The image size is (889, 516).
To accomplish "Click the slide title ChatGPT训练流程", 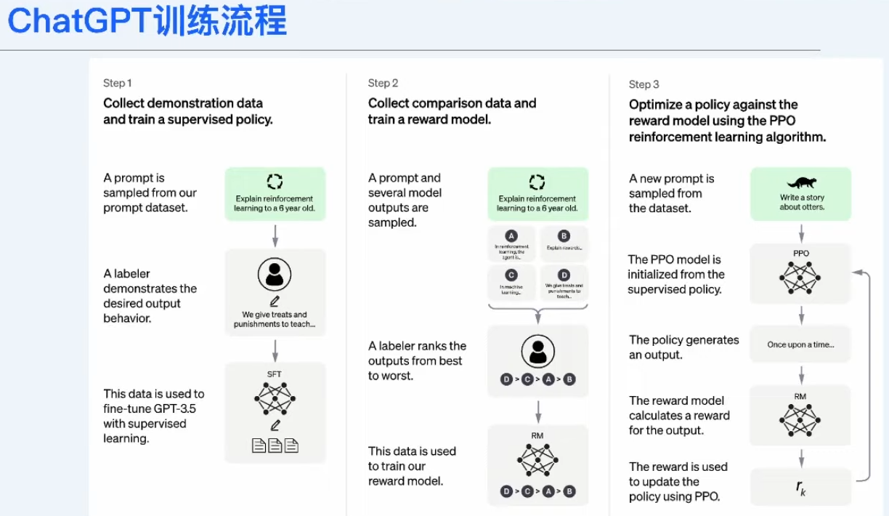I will pos(147,22).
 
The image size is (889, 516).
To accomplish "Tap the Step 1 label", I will pos(118,83).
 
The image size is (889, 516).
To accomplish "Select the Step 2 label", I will pos(383,83).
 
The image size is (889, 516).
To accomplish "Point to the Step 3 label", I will pos(644,84).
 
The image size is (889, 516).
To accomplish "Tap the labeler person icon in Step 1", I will pos(275,275).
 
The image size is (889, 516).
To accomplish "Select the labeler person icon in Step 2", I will pos(537,352).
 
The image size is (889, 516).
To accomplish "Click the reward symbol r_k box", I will pos(800,488).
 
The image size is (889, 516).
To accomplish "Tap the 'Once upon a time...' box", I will pos(800,344).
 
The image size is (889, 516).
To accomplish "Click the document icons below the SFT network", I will pos(275,445).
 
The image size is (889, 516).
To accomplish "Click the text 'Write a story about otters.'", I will pos(803,202).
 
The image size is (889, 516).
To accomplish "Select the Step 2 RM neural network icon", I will pos(537,459).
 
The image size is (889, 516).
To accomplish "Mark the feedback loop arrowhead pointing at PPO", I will pos(857,273).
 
